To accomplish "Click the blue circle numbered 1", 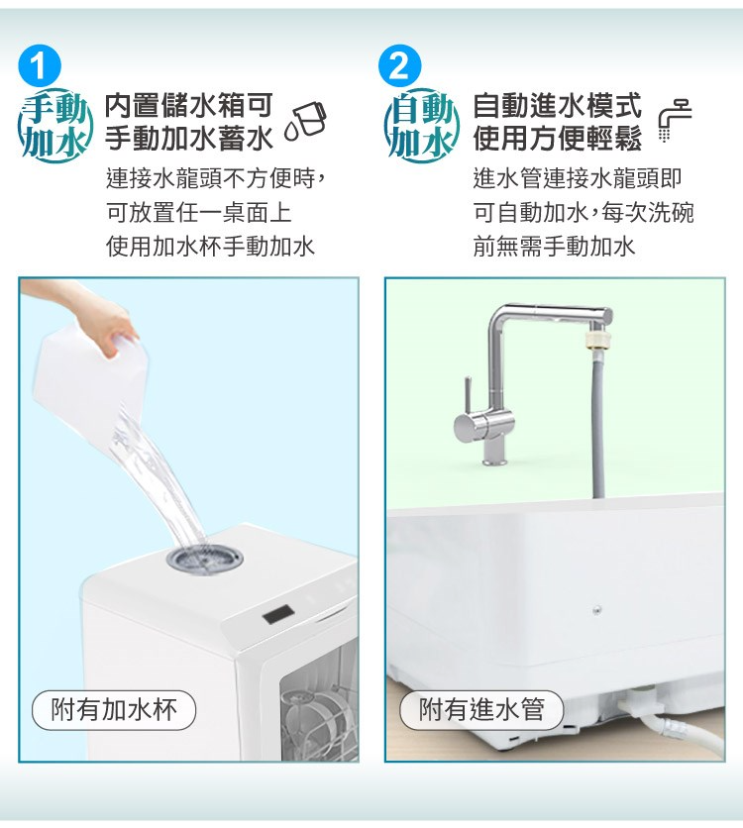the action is (39, 66).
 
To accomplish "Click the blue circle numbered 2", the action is (400, 66).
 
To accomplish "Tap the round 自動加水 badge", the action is (422, 125).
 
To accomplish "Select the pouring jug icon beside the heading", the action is (306, 122).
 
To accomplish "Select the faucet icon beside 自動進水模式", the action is (675, 120).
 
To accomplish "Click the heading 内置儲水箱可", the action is (188, 105).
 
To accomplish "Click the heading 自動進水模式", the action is (557, 105).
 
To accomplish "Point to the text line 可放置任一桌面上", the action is (198, 212).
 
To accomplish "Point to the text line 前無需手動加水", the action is (554, 246).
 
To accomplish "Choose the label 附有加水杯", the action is (114, 710).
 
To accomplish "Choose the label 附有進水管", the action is (481, 710).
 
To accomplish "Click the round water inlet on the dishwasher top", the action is (205, 558).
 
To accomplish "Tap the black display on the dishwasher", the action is (278, 615).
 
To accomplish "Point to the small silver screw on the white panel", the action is (596, 610).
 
